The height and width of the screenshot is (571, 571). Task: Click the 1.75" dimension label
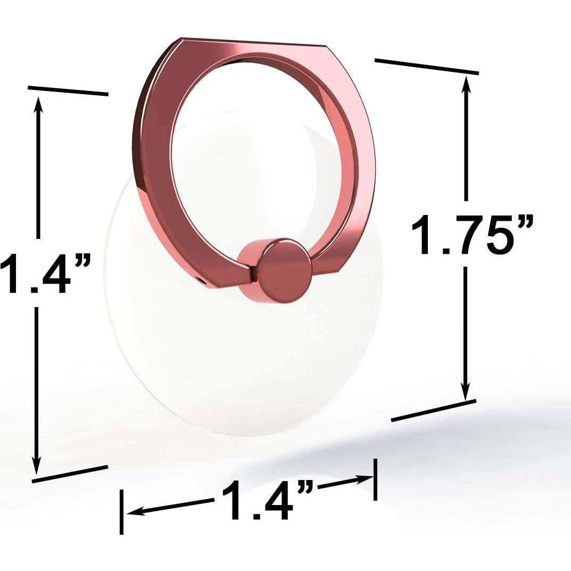click(x=471, y=235)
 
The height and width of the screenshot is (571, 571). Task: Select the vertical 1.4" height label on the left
click(x=43, y=274)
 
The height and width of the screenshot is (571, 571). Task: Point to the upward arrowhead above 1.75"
click(x=466, y=83)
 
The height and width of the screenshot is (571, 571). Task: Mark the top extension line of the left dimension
click(x=68, y=91)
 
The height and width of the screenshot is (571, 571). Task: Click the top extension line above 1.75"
click(x=426, y=66)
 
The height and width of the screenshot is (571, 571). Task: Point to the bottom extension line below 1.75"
click(x=433, y=410)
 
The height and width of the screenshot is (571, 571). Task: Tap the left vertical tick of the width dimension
click(x=122, y=511)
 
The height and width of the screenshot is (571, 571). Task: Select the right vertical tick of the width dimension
click(x=375, y=479)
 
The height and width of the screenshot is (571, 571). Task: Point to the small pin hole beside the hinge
click(x=202, y=279)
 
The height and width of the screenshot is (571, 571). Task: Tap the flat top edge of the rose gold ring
click(x=253, y=42)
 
